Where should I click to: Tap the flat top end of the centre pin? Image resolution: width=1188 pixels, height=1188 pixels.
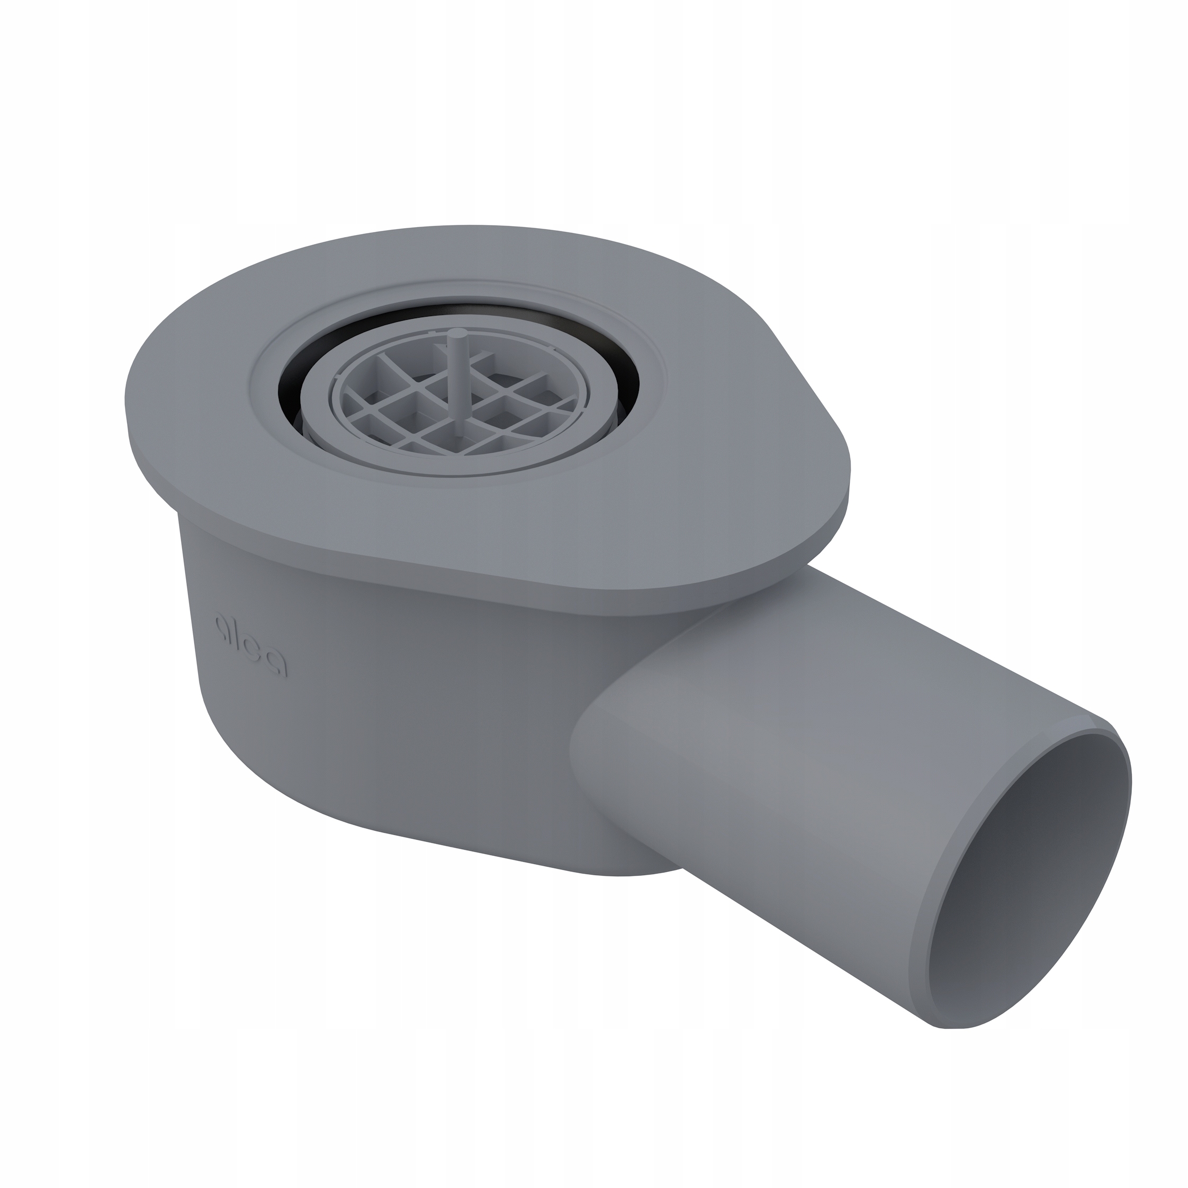pos(456,332)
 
